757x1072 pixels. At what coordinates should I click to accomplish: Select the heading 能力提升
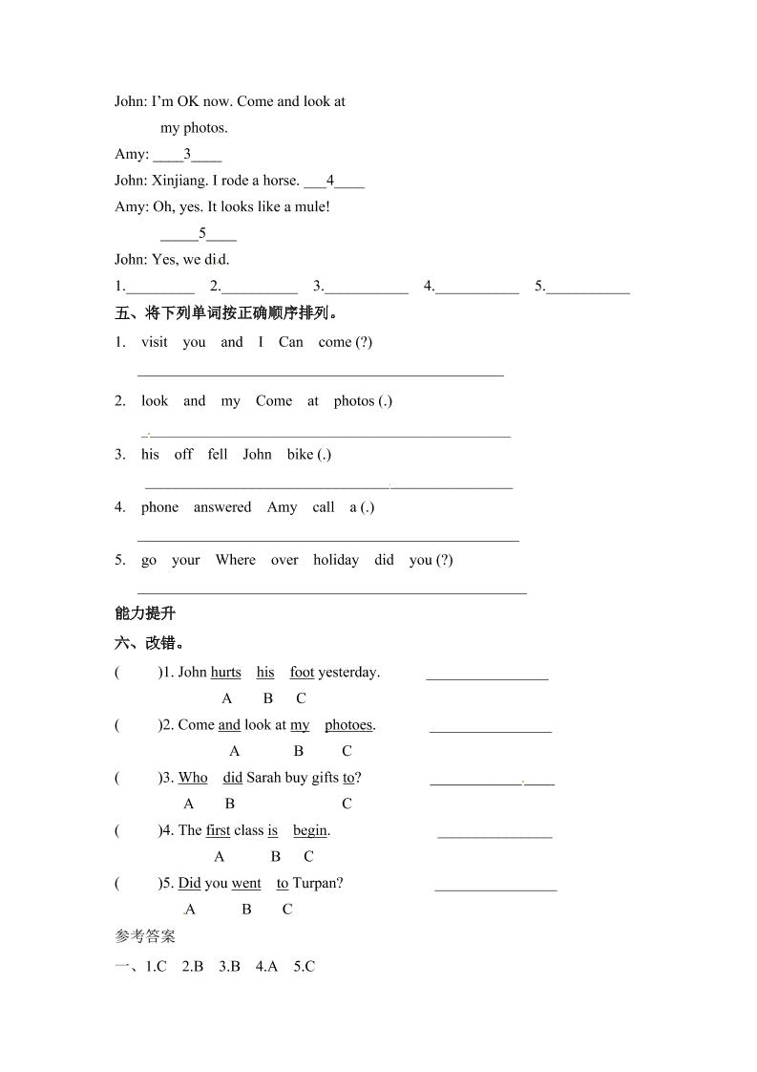tap(145, 613)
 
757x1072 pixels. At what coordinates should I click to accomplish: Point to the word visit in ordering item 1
tap(155, 342)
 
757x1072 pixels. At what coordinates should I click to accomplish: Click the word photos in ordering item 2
tap(354, 401)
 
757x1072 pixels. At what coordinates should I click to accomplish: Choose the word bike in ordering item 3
tap(301, 455)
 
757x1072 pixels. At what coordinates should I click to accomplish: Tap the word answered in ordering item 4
tap(222, 507)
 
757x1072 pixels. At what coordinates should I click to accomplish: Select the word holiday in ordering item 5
tap(336, 560)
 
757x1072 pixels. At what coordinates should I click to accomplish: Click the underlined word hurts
tap(226, 673)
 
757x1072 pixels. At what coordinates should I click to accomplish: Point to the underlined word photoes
tap(348, 725)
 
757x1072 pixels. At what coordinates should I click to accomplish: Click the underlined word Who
tap(193, 778)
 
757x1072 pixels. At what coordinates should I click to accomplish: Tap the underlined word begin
tap(310, 830)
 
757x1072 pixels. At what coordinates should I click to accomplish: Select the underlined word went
tap(246, 883)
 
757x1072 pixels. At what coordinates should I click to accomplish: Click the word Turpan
tap(318, 883)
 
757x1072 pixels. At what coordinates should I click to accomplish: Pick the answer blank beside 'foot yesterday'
tap(487, 675)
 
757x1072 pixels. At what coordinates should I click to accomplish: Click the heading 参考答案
tap(145, 936)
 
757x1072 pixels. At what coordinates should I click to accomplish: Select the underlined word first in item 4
tap(219, 830)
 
